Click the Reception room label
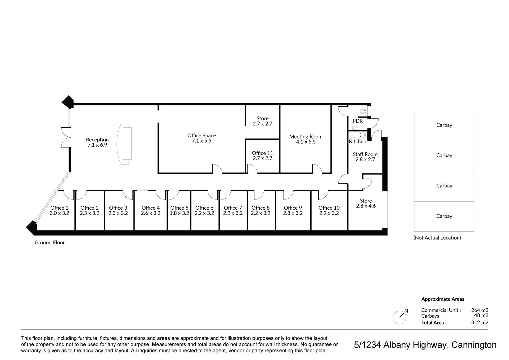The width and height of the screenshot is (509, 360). click(97, 139)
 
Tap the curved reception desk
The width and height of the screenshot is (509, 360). click(124, 144)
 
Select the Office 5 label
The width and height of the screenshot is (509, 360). click(179, 208)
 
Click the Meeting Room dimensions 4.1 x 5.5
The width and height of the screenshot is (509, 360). click(306, 142)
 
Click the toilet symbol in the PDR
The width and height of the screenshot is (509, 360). click(363, 111)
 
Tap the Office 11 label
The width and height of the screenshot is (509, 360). click(262, 153)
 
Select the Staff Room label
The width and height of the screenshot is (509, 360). click(365, 154)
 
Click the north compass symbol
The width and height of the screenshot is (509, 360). click(400, 317)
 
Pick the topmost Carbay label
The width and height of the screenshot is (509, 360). click(444, 125)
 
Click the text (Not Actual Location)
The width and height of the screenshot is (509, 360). click(437, 238)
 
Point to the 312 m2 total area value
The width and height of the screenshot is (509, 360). click(480, 322)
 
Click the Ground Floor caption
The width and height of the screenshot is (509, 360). click(49, 242)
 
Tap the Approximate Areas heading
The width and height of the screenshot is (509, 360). click(443, 299)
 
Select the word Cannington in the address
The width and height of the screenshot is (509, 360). click(474, 345)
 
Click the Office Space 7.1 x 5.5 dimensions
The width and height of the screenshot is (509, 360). click(201, 141)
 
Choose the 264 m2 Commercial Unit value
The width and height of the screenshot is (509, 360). click(480, 310)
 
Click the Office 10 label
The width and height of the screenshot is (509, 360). click(329, 208)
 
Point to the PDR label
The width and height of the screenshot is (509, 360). click(358, 121)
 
